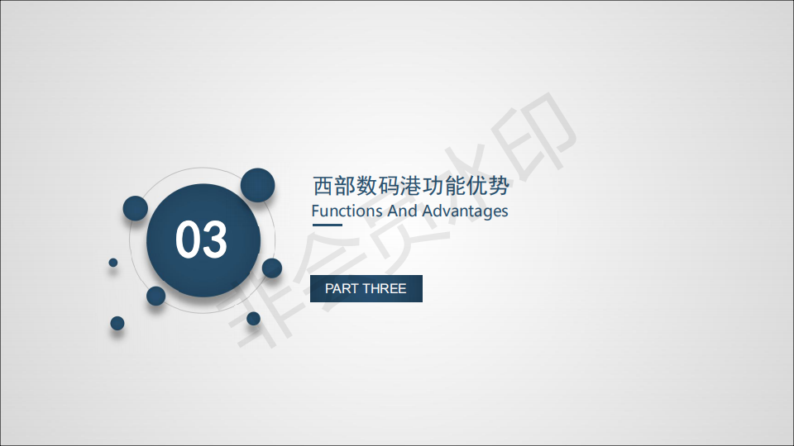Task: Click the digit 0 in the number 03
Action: (188, 240)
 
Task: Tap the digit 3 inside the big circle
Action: (215, 240)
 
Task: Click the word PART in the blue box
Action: (340, 288)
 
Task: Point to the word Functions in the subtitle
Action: (347, 211)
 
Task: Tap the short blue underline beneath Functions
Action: (328, 225)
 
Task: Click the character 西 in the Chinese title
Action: (323, 186)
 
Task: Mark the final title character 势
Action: (499, 186)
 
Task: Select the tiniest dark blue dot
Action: (113, 263)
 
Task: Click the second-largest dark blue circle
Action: (258, 185)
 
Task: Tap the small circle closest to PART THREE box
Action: (272, 268)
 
